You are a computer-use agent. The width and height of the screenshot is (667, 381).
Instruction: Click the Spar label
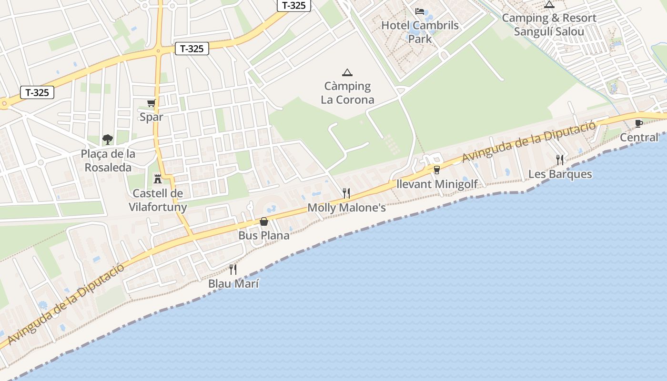click(x=152, y=117)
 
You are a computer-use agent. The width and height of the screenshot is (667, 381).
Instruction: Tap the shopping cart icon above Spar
click(x=152, y=103)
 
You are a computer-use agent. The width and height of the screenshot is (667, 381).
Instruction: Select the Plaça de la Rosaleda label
click(x=108, y=160)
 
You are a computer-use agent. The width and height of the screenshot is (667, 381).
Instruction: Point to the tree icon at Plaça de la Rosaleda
click(x=108, y=140)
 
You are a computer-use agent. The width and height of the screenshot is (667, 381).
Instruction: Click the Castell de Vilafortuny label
click(x=158, y=200)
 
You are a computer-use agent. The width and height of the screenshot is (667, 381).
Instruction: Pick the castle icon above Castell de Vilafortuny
click(x=157, y=179)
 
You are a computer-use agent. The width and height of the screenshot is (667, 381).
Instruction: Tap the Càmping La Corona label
click(x=347, y=93)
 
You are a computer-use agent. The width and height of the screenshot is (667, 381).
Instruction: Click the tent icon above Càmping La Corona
click(x=347, y=72)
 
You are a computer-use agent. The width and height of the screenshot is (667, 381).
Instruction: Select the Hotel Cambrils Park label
click(x=420, y=32)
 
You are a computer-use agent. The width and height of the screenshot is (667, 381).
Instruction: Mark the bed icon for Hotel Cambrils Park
click(x=420, y=11)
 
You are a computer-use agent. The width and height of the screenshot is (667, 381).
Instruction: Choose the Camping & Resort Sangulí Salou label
click(x=549, y=25)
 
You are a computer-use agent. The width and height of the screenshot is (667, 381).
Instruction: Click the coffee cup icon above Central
click(x=639, y=124)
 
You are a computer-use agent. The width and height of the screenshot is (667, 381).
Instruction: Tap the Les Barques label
click(x=560, y=174)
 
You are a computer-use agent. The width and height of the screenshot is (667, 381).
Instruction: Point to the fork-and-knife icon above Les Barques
click(x=560, y=160)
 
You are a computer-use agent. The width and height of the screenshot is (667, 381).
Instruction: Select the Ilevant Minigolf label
click(x=437, y=184)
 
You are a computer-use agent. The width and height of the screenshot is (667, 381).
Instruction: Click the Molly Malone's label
click(x=346, y=208)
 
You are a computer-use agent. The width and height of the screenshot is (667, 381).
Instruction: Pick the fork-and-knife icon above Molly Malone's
click(x=346, y=193)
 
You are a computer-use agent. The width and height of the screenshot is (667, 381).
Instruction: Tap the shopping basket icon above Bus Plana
click(x=264, y=221)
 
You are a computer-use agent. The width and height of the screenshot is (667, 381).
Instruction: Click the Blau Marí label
click(x=233, y=284)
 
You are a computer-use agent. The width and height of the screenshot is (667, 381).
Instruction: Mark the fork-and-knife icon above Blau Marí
click(x=233, y=270)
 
